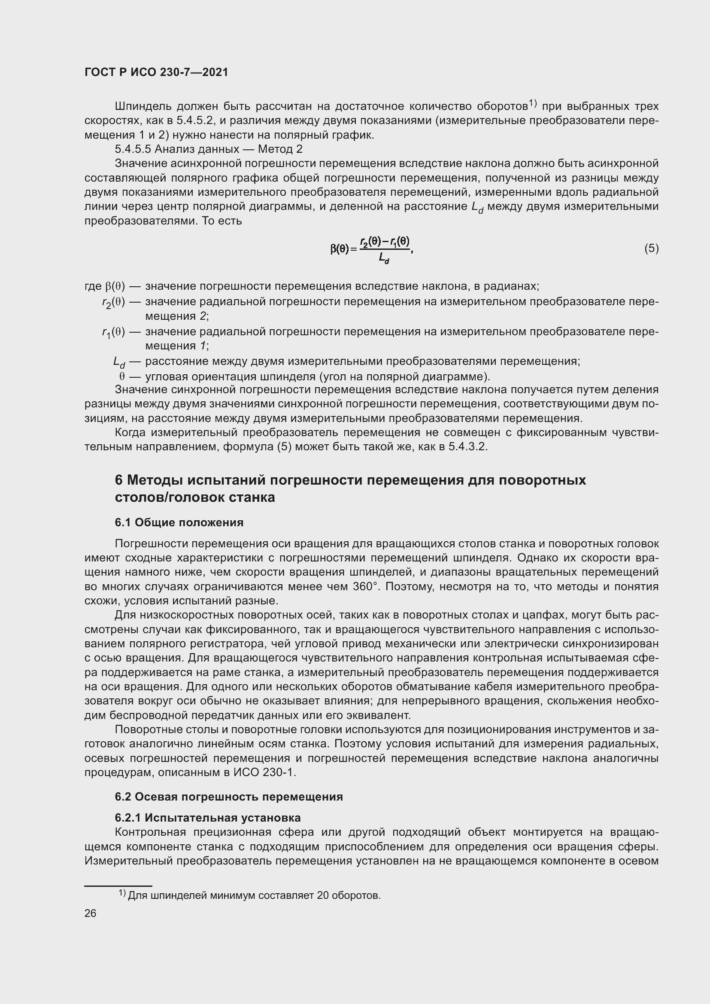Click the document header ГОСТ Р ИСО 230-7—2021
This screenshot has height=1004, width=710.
(x=156, y=72)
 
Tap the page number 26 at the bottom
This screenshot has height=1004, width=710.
(x=90, y=913)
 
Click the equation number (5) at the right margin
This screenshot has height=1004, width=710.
(x=651, y=249)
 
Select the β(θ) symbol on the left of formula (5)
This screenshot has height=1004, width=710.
(x=340, y=249)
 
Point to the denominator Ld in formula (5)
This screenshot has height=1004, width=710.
(x=384, y=259)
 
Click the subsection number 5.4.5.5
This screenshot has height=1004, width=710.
(x=133, y=149)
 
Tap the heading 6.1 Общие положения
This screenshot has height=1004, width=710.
(x=179, y=522)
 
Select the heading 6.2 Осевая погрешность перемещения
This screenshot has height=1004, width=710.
(x=229, y=797)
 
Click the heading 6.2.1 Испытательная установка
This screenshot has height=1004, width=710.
(x=208, y=818)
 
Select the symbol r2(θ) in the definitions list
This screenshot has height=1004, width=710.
(x=113, y=302)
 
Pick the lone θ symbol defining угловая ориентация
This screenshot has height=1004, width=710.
(x=122, y=376)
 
